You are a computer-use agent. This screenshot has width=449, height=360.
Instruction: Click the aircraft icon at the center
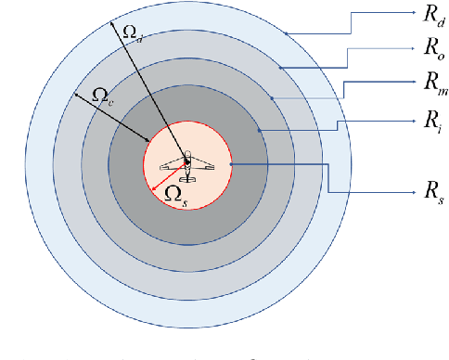tap(186, 166)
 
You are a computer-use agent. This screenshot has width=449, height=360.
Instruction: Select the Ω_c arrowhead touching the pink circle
tap(148, 141)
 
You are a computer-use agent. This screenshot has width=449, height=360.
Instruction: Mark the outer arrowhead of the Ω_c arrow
tap(73, 94)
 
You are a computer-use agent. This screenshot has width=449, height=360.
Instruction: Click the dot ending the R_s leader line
tap(230, 165)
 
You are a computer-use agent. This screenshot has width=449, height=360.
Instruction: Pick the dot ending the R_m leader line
tap(271, 97)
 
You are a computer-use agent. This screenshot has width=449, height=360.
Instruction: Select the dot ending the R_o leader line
tap(279, 66)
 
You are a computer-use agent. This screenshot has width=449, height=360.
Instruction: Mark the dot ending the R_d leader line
tap(287, 33)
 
